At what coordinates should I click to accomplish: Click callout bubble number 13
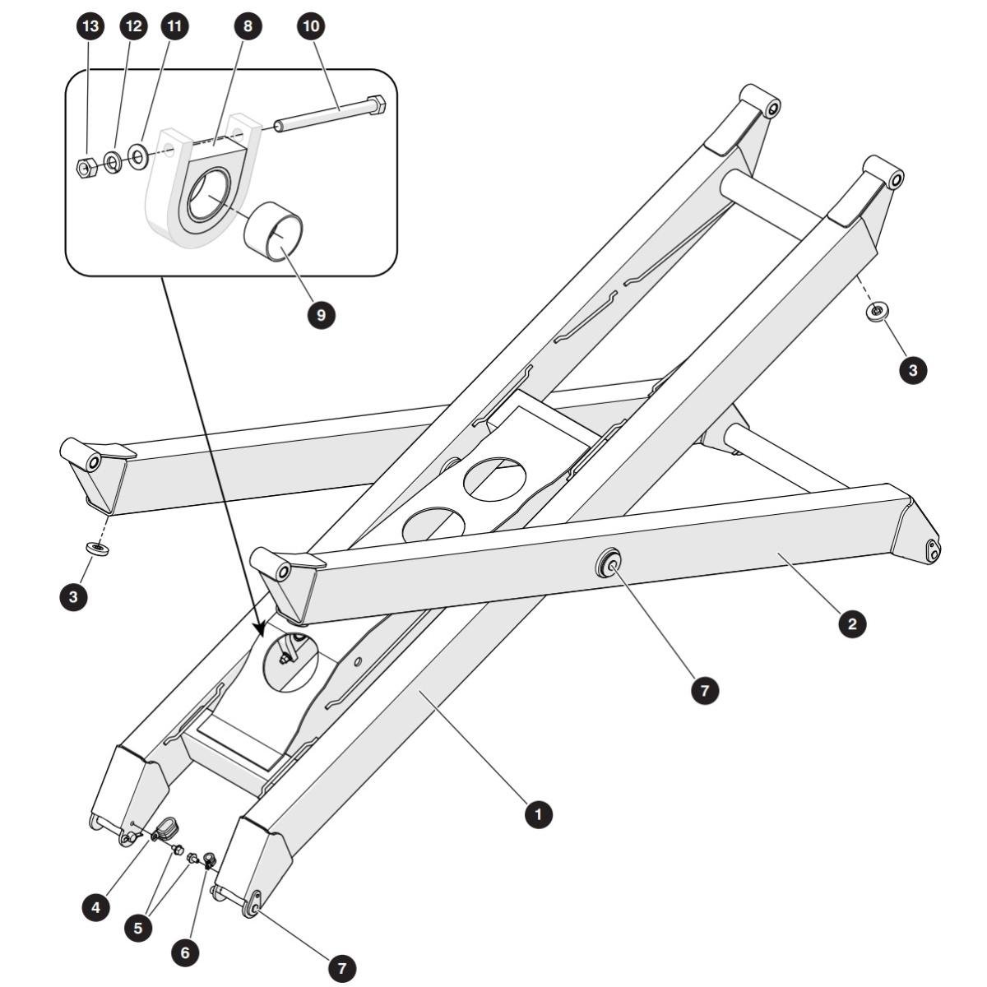[90, 26]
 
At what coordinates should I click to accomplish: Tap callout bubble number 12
[134, 26]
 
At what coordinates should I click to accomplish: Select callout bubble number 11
[174, 26]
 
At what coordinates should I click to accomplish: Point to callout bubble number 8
[248, 26]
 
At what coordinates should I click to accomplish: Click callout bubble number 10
[312, 26]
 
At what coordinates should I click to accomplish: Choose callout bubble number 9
[321, 315]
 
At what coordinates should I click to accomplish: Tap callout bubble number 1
[538, 814]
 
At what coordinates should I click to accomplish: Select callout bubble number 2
[852, 623]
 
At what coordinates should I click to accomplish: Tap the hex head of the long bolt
[377, 105]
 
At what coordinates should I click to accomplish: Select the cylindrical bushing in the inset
[273, 232]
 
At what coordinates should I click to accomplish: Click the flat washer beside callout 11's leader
[138, 157]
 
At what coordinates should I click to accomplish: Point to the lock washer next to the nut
[113, 163]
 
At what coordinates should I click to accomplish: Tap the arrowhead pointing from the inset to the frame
[261, 628]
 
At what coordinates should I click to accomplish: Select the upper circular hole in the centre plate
[495, 479]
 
